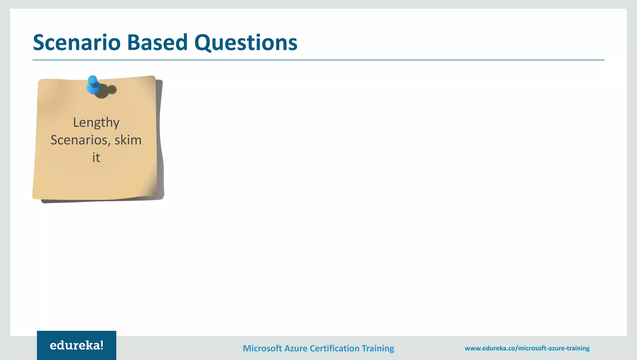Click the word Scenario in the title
pyautogui.click(x=77, y=43)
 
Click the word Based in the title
pyautogui.click(x=157, y=43)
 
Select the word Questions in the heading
pyautogui.click(x=246, y=43)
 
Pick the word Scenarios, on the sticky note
pyautogui.click(x=80, y=140)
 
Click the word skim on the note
pyautogui.click(x=128, y=140)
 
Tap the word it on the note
pyautogui.click(x=96, y=158)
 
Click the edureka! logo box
pyautogui.click(x=77, y=345)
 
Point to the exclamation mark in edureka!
pyautogui.click(x=101, y=345)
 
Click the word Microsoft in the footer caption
pyautogui.click(x=262, y=348)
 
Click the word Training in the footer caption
pyautogui.click(x=378, y=348)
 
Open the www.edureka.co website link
pyautogui.click(x=527, y=348)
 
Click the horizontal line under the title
pyautogui.click(x=318, y=60)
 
